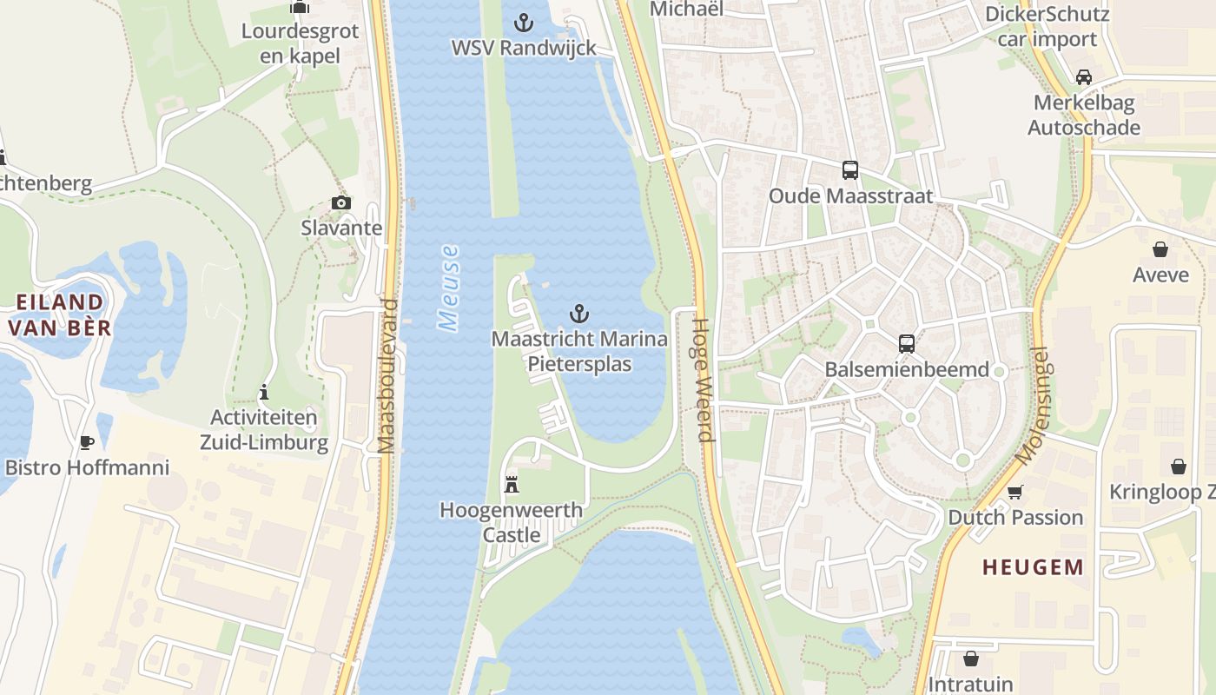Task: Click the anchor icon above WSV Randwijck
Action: click(x=524, y=22)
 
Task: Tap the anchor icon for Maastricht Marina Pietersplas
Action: click(x=579, y=314)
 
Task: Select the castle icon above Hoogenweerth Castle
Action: click(x=512, y=484)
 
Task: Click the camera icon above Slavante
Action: click(x=341, y=202)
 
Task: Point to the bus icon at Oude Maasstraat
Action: click(x=850, y=170)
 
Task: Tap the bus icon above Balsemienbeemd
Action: click(x=907, y=343)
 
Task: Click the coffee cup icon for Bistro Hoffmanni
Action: click(x=86, y=442)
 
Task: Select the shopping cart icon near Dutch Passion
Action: click(x=1014, y=492)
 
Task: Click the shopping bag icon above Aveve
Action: click(x=1160, y=249)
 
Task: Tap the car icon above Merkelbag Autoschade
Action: click(x=1083, y=76)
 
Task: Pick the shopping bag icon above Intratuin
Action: click(x=970, y=659)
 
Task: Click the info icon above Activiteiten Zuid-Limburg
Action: click(x=264, y=392)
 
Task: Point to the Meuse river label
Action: click(x=449, y=288)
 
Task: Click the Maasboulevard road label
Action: click(x=387, y=376)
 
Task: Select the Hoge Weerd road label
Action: click(x=702, y=380)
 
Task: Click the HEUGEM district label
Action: click(x=1033, y=567)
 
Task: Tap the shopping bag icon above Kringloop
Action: click(x=1178, y=467)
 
